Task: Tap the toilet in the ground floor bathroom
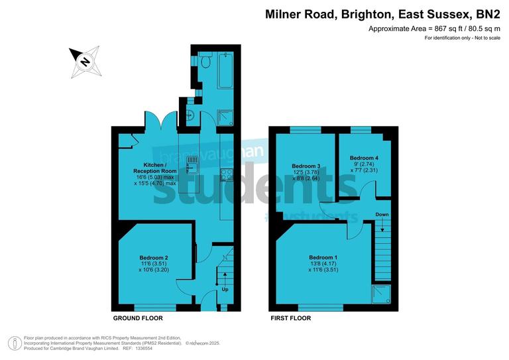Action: [206, 62]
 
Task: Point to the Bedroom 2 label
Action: [153, 257]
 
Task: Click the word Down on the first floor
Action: [382, 215]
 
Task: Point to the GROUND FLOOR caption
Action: [138, 318]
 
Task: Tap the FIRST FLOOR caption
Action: [290, 318]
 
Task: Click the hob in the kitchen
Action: [227, 174]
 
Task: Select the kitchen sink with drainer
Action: [193, 165]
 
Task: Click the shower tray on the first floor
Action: [382, 296]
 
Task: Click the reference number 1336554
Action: [143, 348]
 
